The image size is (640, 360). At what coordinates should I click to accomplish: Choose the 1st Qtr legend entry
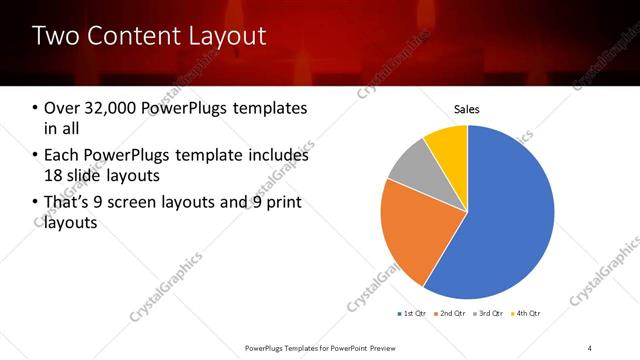[413, 314]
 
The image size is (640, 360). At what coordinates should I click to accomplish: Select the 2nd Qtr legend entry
[450, 314]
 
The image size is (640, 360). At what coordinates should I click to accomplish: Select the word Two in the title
[55, 37]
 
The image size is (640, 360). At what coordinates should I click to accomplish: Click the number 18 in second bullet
[53, 176]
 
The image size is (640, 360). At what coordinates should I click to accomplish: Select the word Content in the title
[132, 37]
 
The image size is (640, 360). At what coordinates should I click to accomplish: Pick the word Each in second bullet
[63, 156]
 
